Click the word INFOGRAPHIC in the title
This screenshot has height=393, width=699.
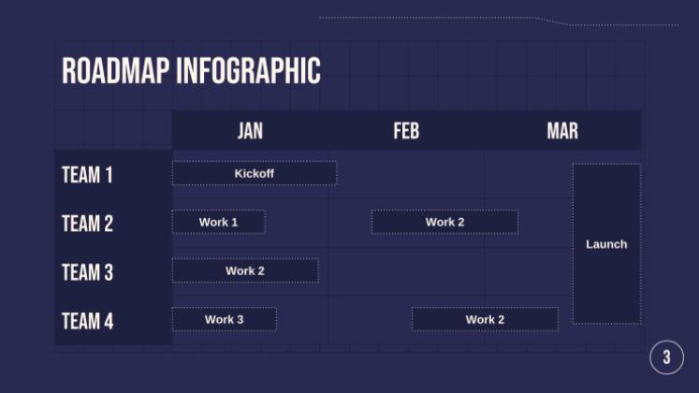(x=248, y=71)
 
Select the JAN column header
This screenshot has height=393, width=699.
(x=250, y=131)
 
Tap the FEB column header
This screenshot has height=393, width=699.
(x=406, y=131)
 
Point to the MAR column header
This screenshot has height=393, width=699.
(x=562, y=131)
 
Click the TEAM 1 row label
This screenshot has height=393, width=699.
(x=87, y=175)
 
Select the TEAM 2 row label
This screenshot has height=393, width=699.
(x=87, y=224)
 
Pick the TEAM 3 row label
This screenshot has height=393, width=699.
(x=87, y=272)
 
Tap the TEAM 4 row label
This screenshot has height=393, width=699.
(x=87, y=321)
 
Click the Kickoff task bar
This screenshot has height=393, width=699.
(x=254, y=173)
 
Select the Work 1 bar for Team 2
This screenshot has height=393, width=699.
(x=218, y=222)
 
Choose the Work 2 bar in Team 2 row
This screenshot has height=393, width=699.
(x=444, y=222)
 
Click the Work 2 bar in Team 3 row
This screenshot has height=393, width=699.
(x=245, y=270)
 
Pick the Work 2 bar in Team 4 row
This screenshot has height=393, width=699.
(x=485, y=319)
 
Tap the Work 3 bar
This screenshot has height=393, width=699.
(x=224, y=319)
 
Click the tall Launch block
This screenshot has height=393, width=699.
(x=606, y=244)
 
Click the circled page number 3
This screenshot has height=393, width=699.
(x=666, y=357)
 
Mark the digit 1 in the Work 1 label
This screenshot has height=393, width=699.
(x=234, y=222)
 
